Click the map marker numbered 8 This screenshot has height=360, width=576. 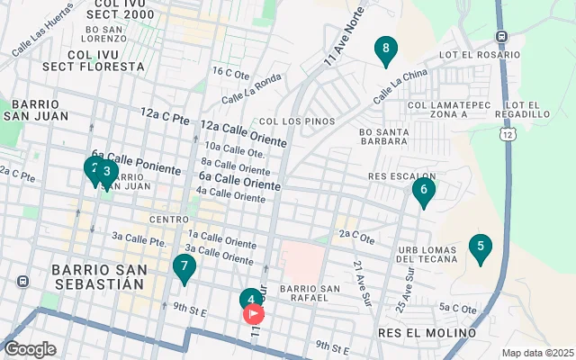pos(385,50)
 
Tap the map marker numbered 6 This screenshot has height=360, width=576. pos(423,191)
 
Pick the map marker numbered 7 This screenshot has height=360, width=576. pos(184,267)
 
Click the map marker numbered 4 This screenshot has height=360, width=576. pos(251,299)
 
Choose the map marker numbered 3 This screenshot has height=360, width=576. pos(107,172)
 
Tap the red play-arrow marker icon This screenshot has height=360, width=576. pos(254,313)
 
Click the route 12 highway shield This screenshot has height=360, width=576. pos(509,134)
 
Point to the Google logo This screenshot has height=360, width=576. pos(30,349)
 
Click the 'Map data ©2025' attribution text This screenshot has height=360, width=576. pos(535,353)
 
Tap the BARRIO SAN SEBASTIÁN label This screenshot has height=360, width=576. pos(97,276)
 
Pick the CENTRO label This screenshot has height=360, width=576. pos(169,220)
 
